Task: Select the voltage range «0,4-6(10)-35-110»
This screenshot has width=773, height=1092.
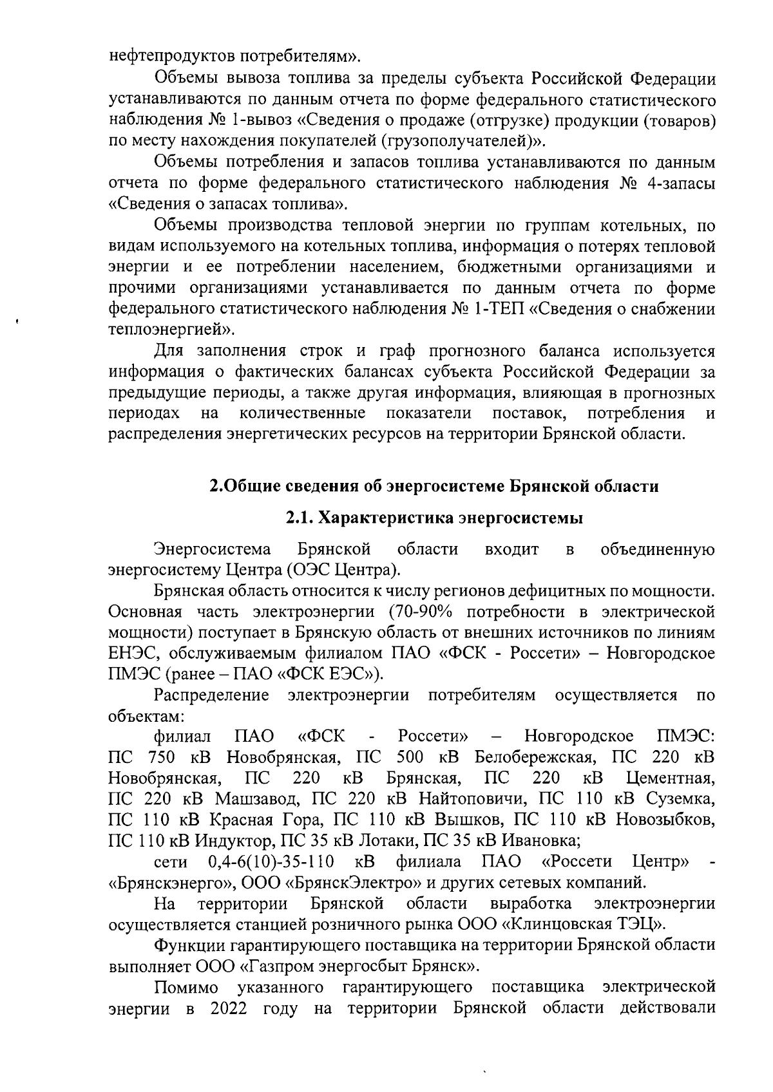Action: (x=271, y=861)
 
